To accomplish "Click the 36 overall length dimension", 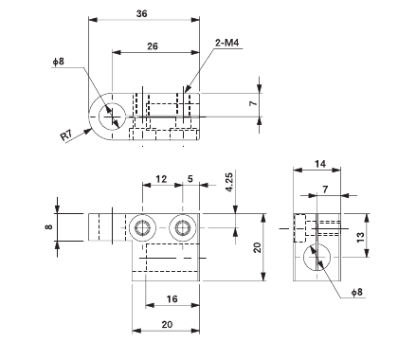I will (142, 14).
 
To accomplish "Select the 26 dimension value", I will (152, 45).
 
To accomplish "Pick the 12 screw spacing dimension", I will (161, 179).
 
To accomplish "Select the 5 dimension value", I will (191, 179).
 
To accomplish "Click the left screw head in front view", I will (144, 227).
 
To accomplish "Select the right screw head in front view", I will (182, 227).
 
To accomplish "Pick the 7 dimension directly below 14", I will (326, 189).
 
